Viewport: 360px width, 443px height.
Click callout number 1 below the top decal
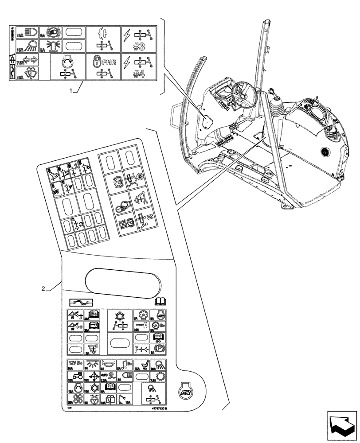(x=70, y=90)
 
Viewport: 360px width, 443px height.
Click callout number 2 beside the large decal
(x=43, y=289)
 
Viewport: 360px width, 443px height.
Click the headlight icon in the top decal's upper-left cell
(x=28, y=32)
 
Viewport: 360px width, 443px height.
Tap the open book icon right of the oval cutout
(x=160, y=302)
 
